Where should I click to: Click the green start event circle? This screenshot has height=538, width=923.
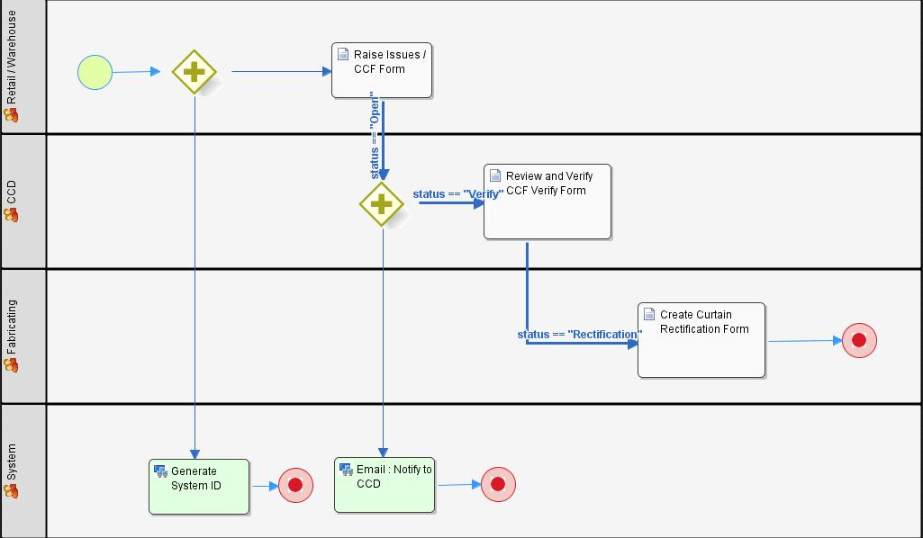(x=95, y=72)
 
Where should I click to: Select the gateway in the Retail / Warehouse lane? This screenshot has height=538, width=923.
(x=195, y=72)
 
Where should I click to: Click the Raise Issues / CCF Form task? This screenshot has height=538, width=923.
(x=382, y=69)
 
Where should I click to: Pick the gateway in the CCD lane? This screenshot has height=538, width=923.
(x=382, y=203)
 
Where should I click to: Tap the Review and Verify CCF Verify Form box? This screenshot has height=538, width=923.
(x=547, y=202)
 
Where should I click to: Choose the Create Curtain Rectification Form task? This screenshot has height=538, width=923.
(x=701, y=340)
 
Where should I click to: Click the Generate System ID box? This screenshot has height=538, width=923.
(x=199, y=486)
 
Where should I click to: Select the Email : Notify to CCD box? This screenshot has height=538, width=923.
(x=385, y=485)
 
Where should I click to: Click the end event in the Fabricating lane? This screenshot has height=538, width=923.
(x=859, y=340)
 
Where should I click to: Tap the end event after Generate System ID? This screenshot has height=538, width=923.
(x=295, y=485)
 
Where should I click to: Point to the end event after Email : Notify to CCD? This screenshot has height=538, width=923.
(x=498, y=484)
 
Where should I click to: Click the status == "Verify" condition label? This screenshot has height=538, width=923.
(x=457, y=193)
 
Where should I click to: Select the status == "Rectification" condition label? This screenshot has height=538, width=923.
(x=579, y=335)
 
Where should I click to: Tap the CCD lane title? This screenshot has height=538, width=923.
(x=11, y=192)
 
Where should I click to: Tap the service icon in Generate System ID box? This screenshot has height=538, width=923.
(x=160, y=471)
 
